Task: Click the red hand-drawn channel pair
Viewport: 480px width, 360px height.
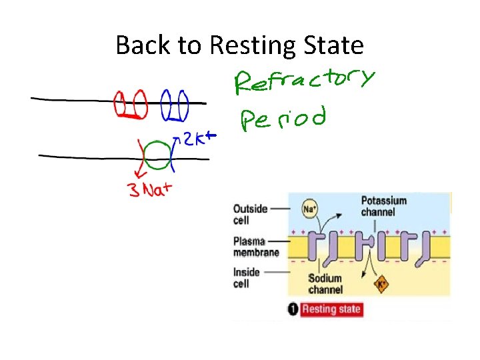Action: tap(131, 106)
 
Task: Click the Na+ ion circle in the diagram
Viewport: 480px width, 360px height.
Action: tap(309, 208)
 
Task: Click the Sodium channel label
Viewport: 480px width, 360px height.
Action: tap(326, 284)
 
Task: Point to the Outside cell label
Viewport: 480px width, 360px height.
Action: tap(250, 213)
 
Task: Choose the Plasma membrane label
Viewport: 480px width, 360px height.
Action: tap(256, 246)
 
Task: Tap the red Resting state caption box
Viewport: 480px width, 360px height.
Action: tap(331, 309)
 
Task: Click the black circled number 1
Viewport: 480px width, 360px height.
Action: tap(293, 309)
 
